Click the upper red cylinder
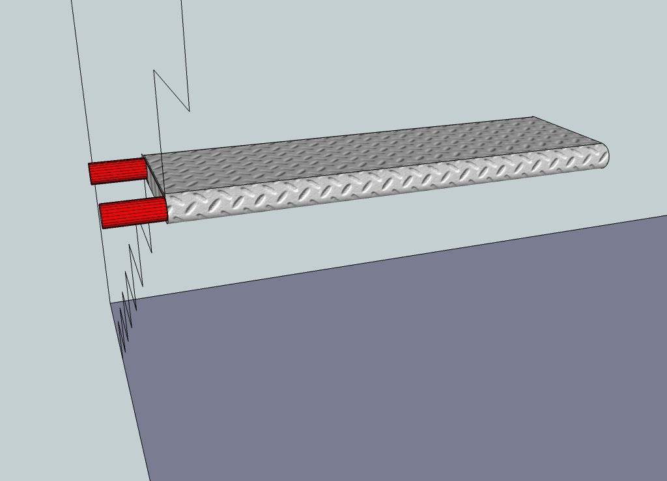tap(117, 171)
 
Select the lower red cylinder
tap(134, 213)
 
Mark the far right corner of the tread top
tap(533, 117)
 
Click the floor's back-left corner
tap(109, 303)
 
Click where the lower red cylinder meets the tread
tap(167, 210)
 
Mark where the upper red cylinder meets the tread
tap(146, 167)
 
